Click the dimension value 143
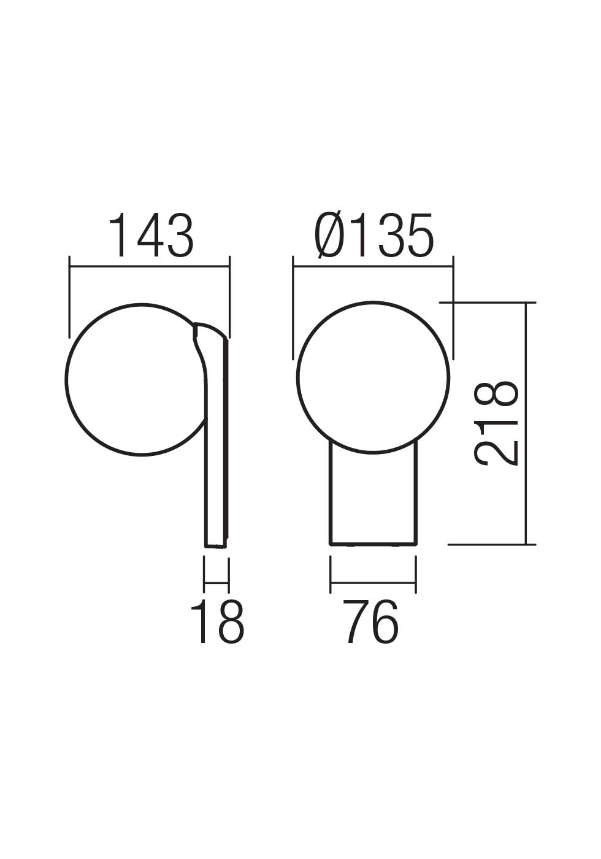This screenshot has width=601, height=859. point(151,236)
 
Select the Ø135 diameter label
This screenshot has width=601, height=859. point(374,236)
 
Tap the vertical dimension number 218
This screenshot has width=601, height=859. point(497,423)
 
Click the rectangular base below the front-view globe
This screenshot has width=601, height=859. point(373,497)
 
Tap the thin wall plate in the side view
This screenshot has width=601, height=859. point(216,466)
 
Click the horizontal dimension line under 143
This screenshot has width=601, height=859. point(150,266)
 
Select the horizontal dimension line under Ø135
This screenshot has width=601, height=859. point(373,266)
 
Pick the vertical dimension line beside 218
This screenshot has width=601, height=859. point(526,423)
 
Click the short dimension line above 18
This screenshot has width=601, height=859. point(216,582)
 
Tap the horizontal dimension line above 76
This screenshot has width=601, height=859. point(373,582)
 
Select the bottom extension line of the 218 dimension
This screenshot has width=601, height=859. point(491,544)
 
